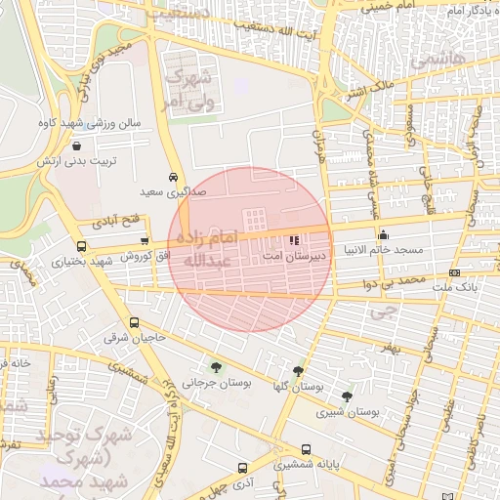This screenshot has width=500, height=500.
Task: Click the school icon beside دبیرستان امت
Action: click(x=296, y=239)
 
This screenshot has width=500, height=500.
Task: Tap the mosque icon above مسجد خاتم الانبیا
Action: click(x=383, y=234)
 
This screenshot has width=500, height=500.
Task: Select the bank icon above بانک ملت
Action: click(x=454, y=272)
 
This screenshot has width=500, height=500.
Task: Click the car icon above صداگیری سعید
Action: click(x=173, y=178)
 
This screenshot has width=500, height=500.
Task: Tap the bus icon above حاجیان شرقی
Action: click(x=134, y=323)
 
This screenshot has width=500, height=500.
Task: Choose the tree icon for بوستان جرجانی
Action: click(x=215, y=368)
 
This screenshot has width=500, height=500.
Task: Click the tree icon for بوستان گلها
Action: click(x=298, y=371)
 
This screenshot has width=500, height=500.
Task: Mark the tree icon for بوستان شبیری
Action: click(x=347, y=396)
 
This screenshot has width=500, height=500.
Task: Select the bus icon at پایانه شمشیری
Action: click(x=307, y=450)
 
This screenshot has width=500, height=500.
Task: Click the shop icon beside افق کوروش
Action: click(x=145, y=241)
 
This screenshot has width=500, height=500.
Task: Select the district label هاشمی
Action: click(x=432, y=61)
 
